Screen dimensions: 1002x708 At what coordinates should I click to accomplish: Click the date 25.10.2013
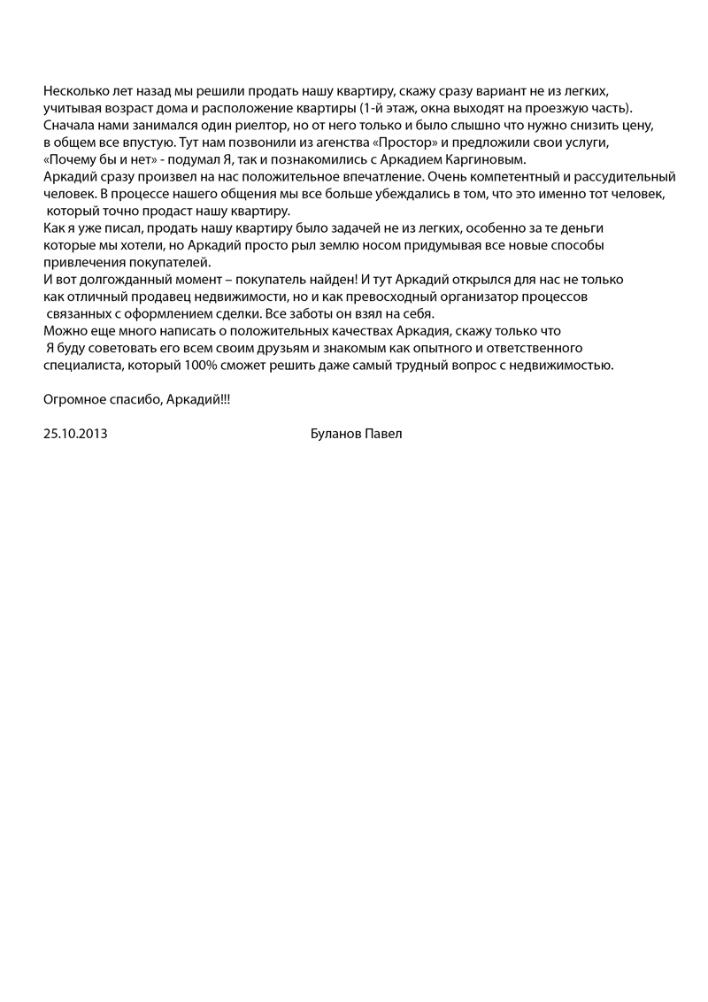pos(75,435)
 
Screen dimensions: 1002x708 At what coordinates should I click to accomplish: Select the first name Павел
pos(384,435)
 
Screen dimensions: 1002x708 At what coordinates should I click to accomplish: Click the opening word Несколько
pos(73,91)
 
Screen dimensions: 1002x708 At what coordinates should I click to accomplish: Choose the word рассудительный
pos(620,177)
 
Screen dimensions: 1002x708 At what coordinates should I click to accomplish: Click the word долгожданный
pos(121,279)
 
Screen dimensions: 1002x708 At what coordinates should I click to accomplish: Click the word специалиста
pos(81,365)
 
